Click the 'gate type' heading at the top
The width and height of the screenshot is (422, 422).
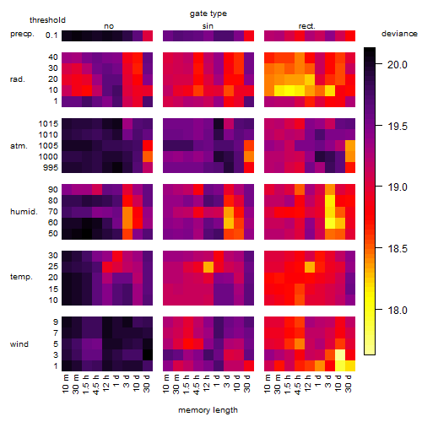point(208,14)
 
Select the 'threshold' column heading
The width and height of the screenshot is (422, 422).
point(47,20)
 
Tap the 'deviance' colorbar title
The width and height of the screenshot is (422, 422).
point(399,34)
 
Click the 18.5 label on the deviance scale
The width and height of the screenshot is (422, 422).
point(398,248)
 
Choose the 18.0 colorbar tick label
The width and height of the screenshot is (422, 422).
point(398,310)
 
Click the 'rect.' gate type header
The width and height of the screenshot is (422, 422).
point(306,26)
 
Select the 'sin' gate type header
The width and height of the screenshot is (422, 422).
point(208,26)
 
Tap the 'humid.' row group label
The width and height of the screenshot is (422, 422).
point(24,211)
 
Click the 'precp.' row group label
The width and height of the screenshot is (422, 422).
point(22,34)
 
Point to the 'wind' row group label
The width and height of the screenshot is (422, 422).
point(19,344)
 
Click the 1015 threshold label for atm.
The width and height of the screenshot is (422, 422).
point(48,123)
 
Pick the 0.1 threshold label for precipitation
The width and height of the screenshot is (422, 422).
point(51,35)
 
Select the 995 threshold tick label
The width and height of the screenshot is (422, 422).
point(51,167)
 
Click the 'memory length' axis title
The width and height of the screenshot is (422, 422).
point(208,410)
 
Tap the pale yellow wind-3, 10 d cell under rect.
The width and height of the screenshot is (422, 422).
point(340,355)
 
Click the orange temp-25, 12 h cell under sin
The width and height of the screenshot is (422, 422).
point(208,267)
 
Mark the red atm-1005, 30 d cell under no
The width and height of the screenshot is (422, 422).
point(148,145)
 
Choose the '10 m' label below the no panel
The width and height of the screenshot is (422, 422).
point(65,384)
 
